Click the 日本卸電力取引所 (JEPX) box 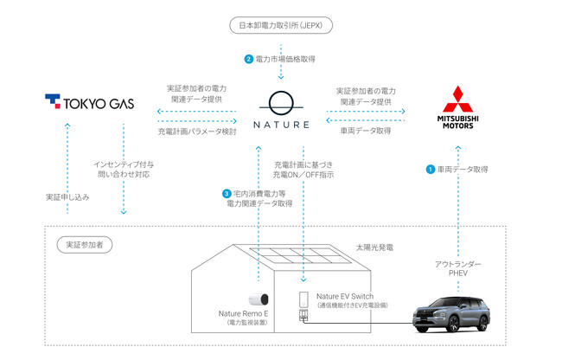click(x=282, y=25)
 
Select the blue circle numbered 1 click(x=429, y=170)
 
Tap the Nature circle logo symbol click(x=282, y=101)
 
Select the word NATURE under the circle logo click(x=282, y=125)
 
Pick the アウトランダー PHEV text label click(x=456, y=267)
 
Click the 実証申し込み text click(x=67, y=196)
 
